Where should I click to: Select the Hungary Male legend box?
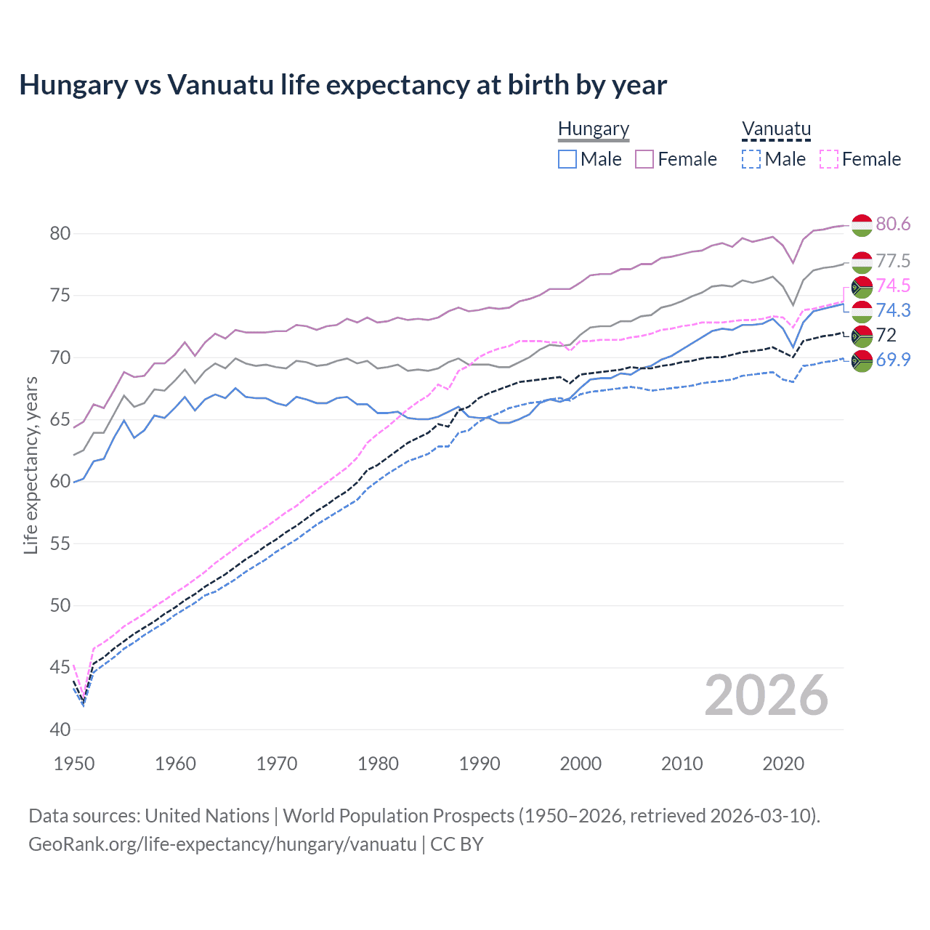click(x=567, y=159)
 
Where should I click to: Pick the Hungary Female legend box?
click(x=644, y=159)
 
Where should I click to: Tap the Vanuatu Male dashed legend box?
click(x=751, y=159)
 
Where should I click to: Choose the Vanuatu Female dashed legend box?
click(x=829, y=159)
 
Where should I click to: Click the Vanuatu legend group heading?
click(x=776, y=129)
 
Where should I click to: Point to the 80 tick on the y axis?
click(x=60, y=233)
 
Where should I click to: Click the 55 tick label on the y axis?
click(x=60, y=543)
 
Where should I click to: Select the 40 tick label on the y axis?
click(x=60, y=729)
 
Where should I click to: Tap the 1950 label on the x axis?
click(x=74, y=764)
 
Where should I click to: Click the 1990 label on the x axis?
click(x=480, y=764)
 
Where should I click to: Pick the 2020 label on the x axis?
click(x=783, y=764)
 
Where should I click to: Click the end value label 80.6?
click(x=893, y=224)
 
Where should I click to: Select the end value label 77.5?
click(x=893, y=261)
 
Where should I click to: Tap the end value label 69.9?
click(x=893, y=360)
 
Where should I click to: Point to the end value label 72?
click(x=886, y=335)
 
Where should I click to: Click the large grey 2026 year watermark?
click(x=767, y=695)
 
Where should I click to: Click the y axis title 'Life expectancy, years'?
click(x=31, y=465)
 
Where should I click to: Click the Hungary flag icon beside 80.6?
click(x=862, y=225)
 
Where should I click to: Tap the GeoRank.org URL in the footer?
click(x=222, y=844)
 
